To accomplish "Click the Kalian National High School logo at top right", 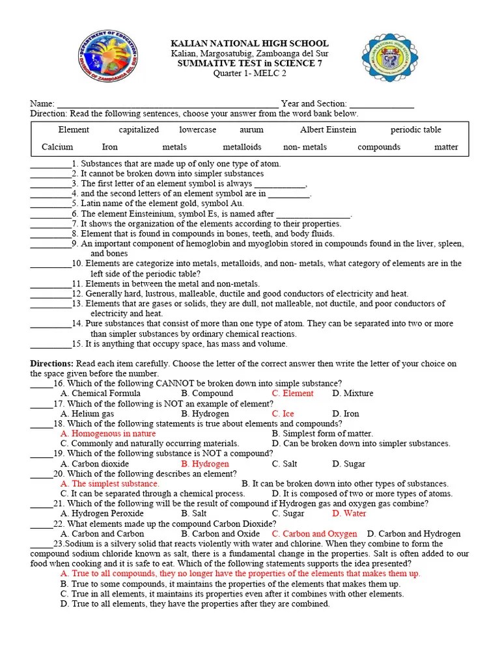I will pos(391,58).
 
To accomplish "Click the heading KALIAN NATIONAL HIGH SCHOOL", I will pos(249,43).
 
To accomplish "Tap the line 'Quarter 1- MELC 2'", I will pos(249,73).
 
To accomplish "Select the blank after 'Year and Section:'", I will pos(382,104).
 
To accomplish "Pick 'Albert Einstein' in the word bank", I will pos(327,130).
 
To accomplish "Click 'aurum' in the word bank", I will pos(251,130).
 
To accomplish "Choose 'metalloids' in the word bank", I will pos(242,147).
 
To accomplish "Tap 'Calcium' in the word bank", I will pos(57,147).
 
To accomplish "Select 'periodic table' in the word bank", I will pos(415,130).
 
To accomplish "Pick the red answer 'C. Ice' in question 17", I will pos(283,414).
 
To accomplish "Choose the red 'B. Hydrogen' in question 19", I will pos(205,464).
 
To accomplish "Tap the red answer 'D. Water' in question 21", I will pos(350,514).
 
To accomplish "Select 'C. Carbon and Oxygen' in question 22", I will pos(314,534).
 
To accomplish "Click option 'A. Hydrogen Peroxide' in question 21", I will pos(102,514).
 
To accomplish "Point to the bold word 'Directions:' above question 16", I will pos(52,364).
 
